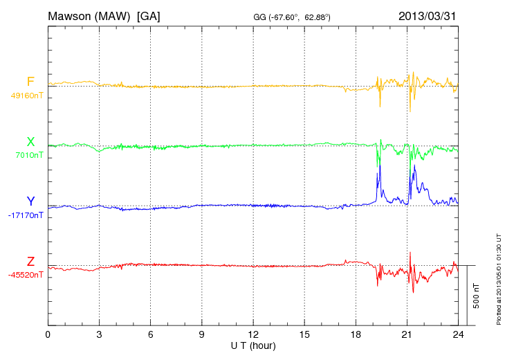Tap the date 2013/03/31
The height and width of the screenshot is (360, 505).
[428, 15]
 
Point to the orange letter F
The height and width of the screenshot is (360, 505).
[30, 82]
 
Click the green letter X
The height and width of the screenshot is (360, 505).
[30, 143]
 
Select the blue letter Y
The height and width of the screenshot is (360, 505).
[30, 202]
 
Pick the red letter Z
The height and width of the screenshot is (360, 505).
[30, 262]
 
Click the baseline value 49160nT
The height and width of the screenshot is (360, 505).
[26, 96]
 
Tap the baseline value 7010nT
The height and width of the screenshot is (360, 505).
[29, 155]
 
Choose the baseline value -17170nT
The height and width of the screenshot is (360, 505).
[26, 215]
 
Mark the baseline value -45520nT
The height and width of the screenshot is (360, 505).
[26, 275]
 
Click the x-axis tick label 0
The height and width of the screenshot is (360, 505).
[48, 334]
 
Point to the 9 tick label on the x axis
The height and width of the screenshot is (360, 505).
[202, 334]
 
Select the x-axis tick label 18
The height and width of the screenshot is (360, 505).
[356, 334]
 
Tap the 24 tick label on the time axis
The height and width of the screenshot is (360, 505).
[458, 334]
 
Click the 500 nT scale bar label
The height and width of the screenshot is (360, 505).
[477, 296]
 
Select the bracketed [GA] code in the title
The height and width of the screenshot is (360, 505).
[148, 15]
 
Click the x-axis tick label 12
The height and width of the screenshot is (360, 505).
[253, 334]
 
